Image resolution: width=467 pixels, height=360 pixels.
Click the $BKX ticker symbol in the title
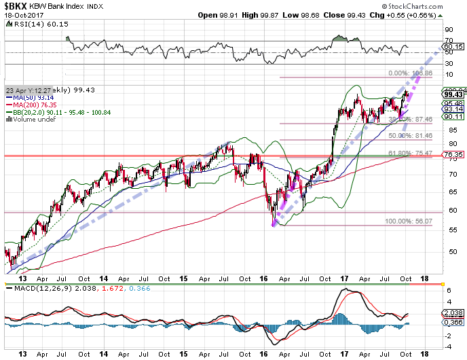point(17,6)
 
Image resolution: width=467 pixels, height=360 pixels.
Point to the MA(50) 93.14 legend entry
point(31,98)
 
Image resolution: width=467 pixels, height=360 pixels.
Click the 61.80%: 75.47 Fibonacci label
point(409,153)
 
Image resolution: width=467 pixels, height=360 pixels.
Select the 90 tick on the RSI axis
point(448,30)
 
